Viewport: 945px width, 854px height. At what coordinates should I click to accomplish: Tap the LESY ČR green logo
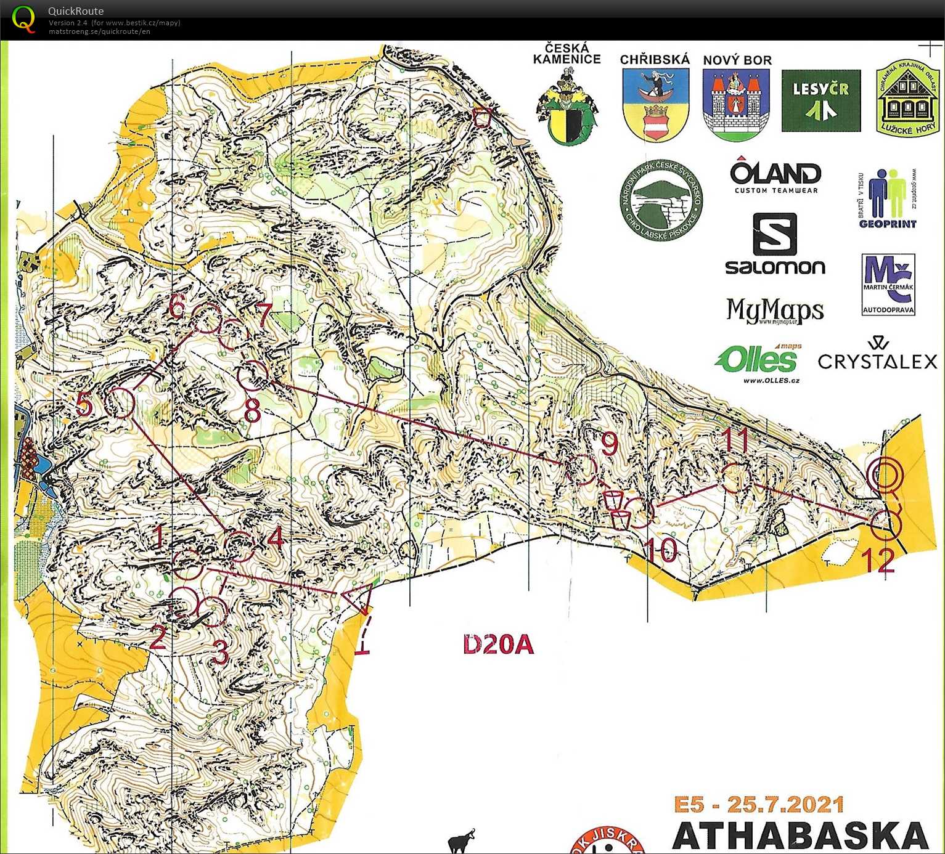click(x=820, y=100)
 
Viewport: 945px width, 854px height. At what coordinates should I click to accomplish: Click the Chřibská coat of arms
click(x=655, y=104)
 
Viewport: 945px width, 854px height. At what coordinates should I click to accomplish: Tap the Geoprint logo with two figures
click(x=888, y=198)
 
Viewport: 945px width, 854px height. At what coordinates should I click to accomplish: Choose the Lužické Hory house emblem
click(x=907, y=99)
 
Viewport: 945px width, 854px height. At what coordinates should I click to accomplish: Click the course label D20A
click(x=498, y=645)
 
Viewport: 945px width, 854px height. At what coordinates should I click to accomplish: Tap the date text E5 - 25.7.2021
click(x=758, y=805)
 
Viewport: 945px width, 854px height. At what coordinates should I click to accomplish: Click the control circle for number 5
click(x=120, y=402)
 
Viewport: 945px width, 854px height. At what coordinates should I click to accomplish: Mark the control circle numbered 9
click(x=581, y=470)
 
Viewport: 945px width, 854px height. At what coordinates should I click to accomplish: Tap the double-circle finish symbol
click(x=885, y=475)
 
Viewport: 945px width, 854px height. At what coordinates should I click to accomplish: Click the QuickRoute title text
click(x=76, y=10)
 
